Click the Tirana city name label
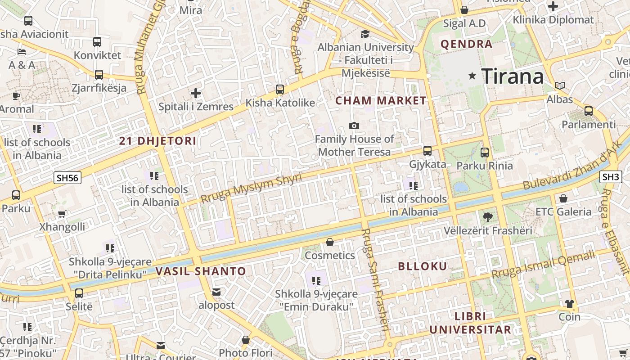pyautogui.click(x=513, y=76)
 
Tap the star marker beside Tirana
pyautogui.click(x=472, y=76)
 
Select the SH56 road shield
pyautogui.click(x=68, y=178)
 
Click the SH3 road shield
pyautogui.click(x=611, y=177)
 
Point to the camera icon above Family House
pyautogui.click(x=354, y=126)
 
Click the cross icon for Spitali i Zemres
pyautogui.click(x=196, y=93)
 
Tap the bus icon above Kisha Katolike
pyautogui.click(x=280, y=90)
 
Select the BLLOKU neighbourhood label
pyautogui.click(x=423, y=266)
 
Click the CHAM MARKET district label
pyautogui.click(x=381, y=101)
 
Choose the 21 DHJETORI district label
pyautogui.click(x=158, y=141)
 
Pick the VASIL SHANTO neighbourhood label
pyautogui.click(x=201, y=271)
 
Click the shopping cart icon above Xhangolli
pyautogui.click(x=62, y=214)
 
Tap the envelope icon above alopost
pyautogui.click(x=216, y=292)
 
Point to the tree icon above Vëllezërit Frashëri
pyautogui.click(x=487, y=217)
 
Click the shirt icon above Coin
pyautogui.click(x=570, y=304)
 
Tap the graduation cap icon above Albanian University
pyautogui.click(x=365, y=34)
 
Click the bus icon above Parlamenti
pyautogui.click(x=588, y=111)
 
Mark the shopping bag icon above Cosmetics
pyautogui.click(x=330, y=242)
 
